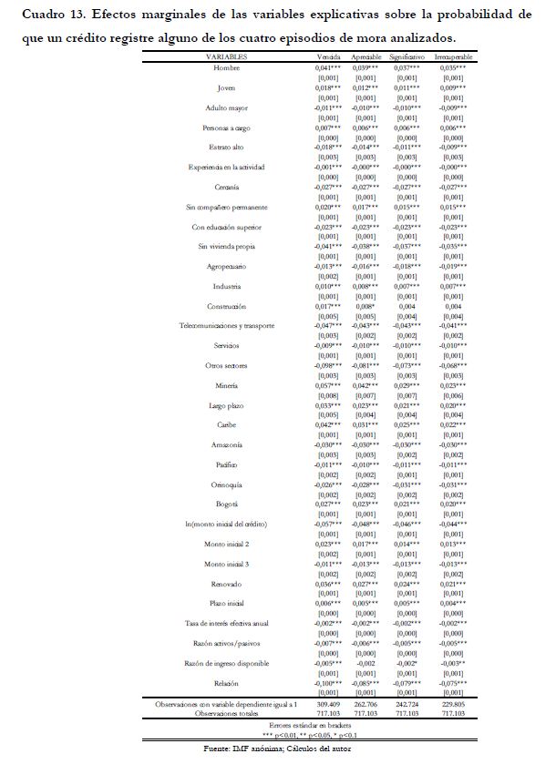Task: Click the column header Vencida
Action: [328, 56]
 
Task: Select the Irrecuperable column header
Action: [457, 56]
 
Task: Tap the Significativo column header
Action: [413, 56]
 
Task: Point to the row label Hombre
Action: [226, 68]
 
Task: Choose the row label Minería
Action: [226, 384]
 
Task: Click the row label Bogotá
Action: [226, 504]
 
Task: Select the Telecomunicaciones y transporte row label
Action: [226, 325]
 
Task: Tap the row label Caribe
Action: [226, 424]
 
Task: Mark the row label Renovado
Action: [226, 583]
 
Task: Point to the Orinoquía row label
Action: [226, 484]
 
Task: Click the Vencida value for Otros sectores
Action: [328, 365]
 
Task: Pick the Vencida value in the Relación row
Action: [328, 682]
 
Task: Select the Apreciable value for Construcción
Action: [371, 306]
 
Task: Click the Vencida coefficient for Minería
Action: [328, 384]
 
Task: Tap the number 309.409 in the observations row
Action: [328, 704]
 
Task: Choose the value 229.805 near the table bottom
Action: [457, 704]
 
